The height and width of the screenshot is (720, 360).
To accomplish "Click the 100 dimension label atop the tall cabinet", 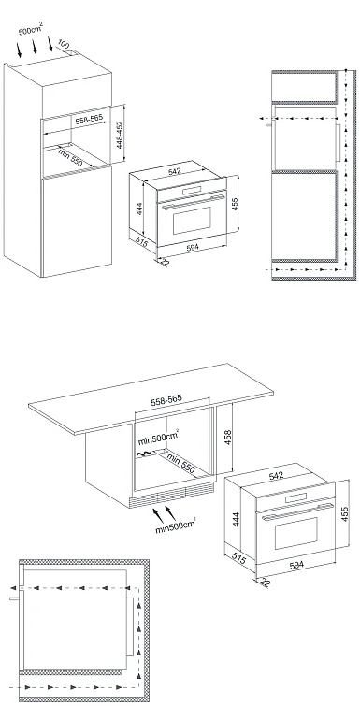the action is click(64, 45).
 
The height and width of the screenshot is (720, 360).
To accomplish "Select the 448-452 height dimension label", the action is click(120, 135).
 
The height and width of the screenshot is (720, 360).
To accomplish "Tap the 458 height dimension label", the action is click(228, 438).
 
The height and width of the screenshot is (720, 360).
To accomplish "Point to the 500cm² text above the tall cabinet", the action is click(30, 30).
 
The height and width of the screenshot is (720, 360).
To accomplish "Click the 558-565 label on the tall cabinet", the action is click(89, 120).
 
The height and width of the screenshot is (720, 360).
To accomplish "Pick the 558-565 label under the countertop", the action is click(166, 400).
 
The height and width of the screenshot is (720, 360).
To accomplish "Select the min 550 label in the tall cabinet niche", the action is click(69, 157).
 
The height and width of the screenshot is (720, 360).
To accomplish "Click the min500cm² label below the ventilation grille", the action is click(175, 526).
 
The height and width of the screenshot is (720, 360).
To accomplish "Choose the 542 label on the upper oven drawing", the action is click(175, 171).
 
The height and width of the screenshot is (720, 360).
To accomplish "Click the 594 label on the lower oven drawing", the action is click(296, 565).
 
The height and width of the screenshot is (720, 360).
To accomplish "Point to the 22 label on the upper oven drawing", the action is click(165, 263).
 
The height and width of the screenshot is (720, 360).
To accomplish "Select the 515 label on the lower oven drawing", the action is click(238, 558).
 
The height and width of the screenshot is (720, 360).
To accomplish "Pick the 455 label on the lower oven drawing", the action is click(345, 514).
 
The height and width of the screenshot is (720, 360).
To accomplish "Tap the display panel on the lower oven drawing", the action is click(295, 497).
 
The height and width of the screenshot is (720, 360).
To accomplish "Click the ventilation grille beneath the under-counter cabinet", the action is click(173, 495).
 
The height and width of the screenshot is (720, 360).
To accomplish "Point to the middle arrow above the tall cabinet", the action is click(35, 47).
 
